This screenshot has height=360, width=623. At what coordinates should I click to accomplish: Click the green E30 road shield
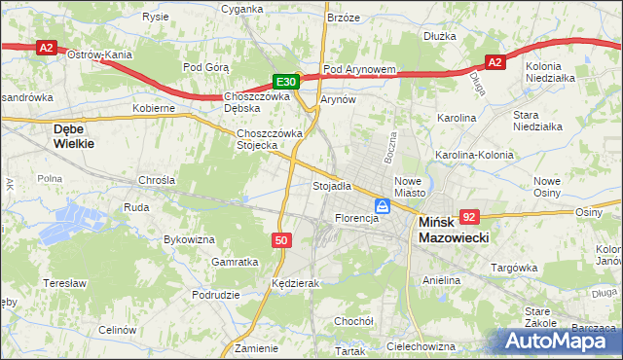[284, 83]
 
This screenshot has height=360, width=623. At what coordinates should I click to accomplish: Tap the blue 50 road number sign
[279, 239]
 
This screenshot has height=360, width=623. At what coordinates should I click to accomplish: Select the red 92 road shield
[470, 218]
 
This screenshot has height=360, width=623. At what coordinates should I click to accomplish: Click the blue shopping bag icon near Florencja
[384, 206]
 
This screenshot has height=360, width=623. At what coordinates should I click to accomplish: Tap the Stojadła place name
[331, 186]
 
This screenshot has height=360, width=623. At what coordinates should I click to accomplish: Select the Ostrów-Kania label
[99, 55]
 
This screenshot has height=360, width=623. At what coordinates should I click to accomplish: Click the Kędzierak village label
[297, 283]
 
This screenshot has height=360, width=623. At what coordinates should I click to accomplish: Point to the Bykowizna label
[189, 238]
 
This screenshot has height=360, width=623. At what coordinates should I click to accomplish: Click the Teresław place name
[66, 283]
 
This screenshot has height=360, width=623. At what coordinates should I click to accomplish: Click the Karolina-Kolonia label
[474, 155]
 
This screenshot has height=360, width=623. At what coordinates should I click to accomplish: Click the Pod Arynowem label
[359, 70]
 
